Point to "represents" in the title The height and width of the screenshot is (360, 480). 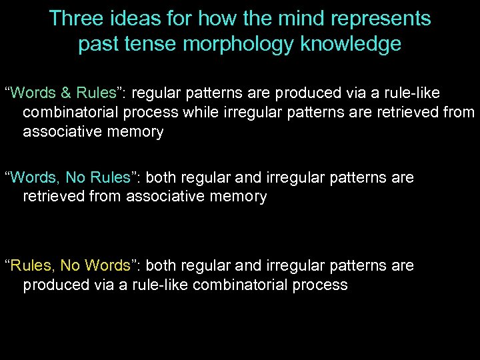(x=385, y=18)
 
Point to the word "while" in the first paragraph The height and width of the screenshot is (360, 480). (x=200, y=112)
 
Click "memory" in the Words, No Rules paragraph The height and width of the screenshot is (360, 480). (x=237, y=197)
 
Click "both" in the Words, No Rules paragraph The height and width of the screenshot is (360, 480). (x=161, y=177)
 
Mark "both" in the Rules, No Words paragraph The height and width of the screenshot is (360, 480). (x=161, y=265)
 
